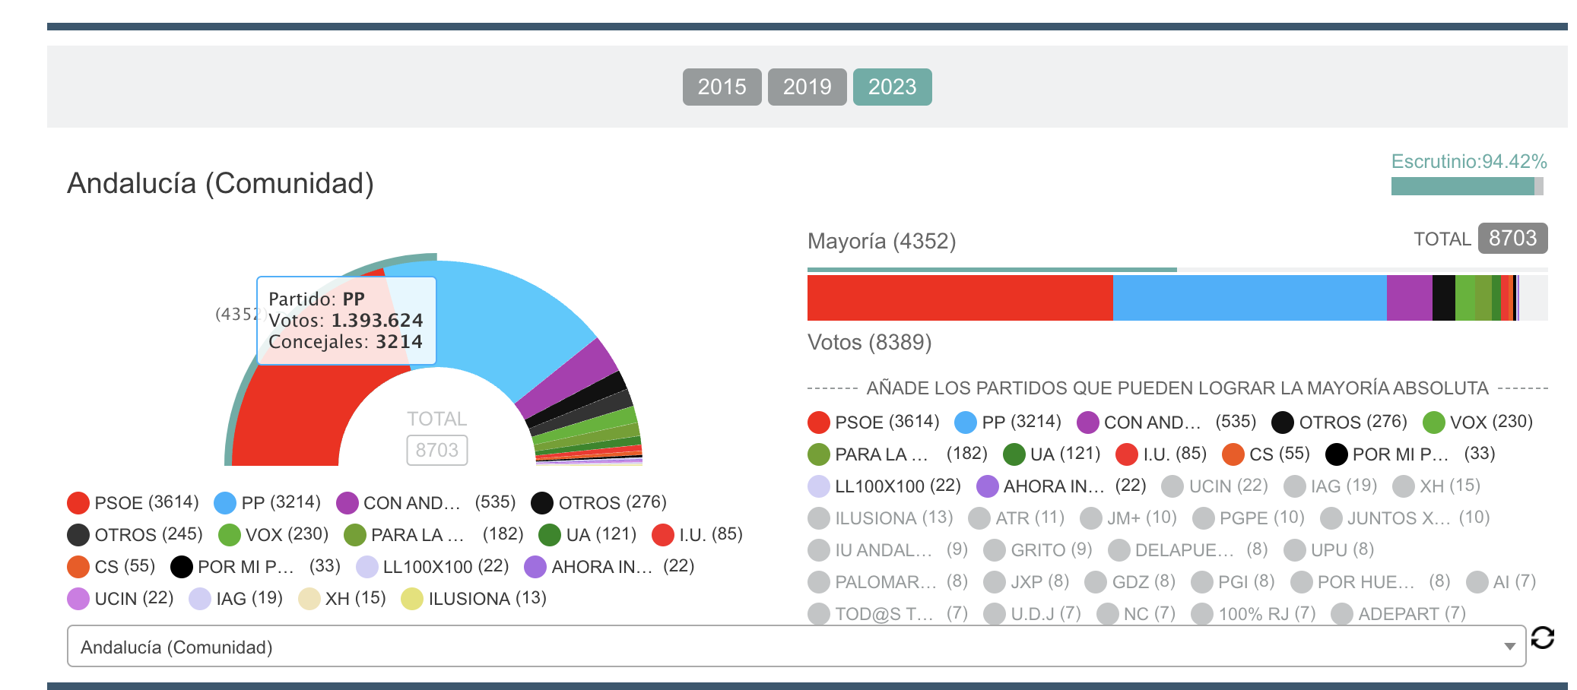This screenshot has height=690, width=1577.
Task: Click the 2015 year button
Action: tap(722, 87)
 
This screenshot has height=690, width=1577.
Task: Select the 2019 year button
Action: tap(807, 87)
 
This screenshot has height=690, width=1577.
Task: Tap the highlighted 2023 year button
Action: tap(892, 87)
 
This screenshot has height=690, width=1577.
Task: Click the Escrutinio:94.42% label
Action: tap(1468, 161)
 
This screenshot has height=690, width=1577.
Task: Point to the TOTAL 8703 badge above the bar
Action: tap(1512, 238)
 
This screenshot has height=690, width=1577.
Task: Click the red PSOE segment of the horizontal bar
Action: tap(960, 298)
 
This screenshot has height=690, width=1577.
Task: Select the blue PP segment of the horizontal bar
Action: tap(1249, 298)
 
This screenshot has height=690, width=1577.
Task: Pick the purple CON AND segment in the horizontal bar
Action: tap(1409, 298)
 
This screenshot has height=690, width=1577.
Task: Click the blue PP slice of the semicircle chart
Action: tap(502, 319)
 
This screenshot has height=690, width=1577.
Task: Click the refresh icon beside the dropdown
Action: tap(1543, 638)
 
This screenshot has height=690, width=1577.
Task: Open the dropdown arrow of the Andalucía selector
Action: tap(1509, 647)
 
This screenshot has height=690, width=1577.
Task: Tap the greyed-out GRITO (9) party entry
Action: tap(1038, 549)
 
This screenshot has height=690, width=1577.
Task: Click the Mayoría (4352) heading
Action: tap(881, 241)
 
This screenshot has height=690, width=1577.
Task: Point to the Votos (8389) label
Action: tap(869, 342)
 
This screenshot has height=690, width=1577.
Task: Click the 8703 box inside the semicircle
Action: tap(436, 450)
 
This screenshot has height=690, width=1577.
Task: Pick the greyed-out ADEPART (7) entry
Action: tap(1399, 613)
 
